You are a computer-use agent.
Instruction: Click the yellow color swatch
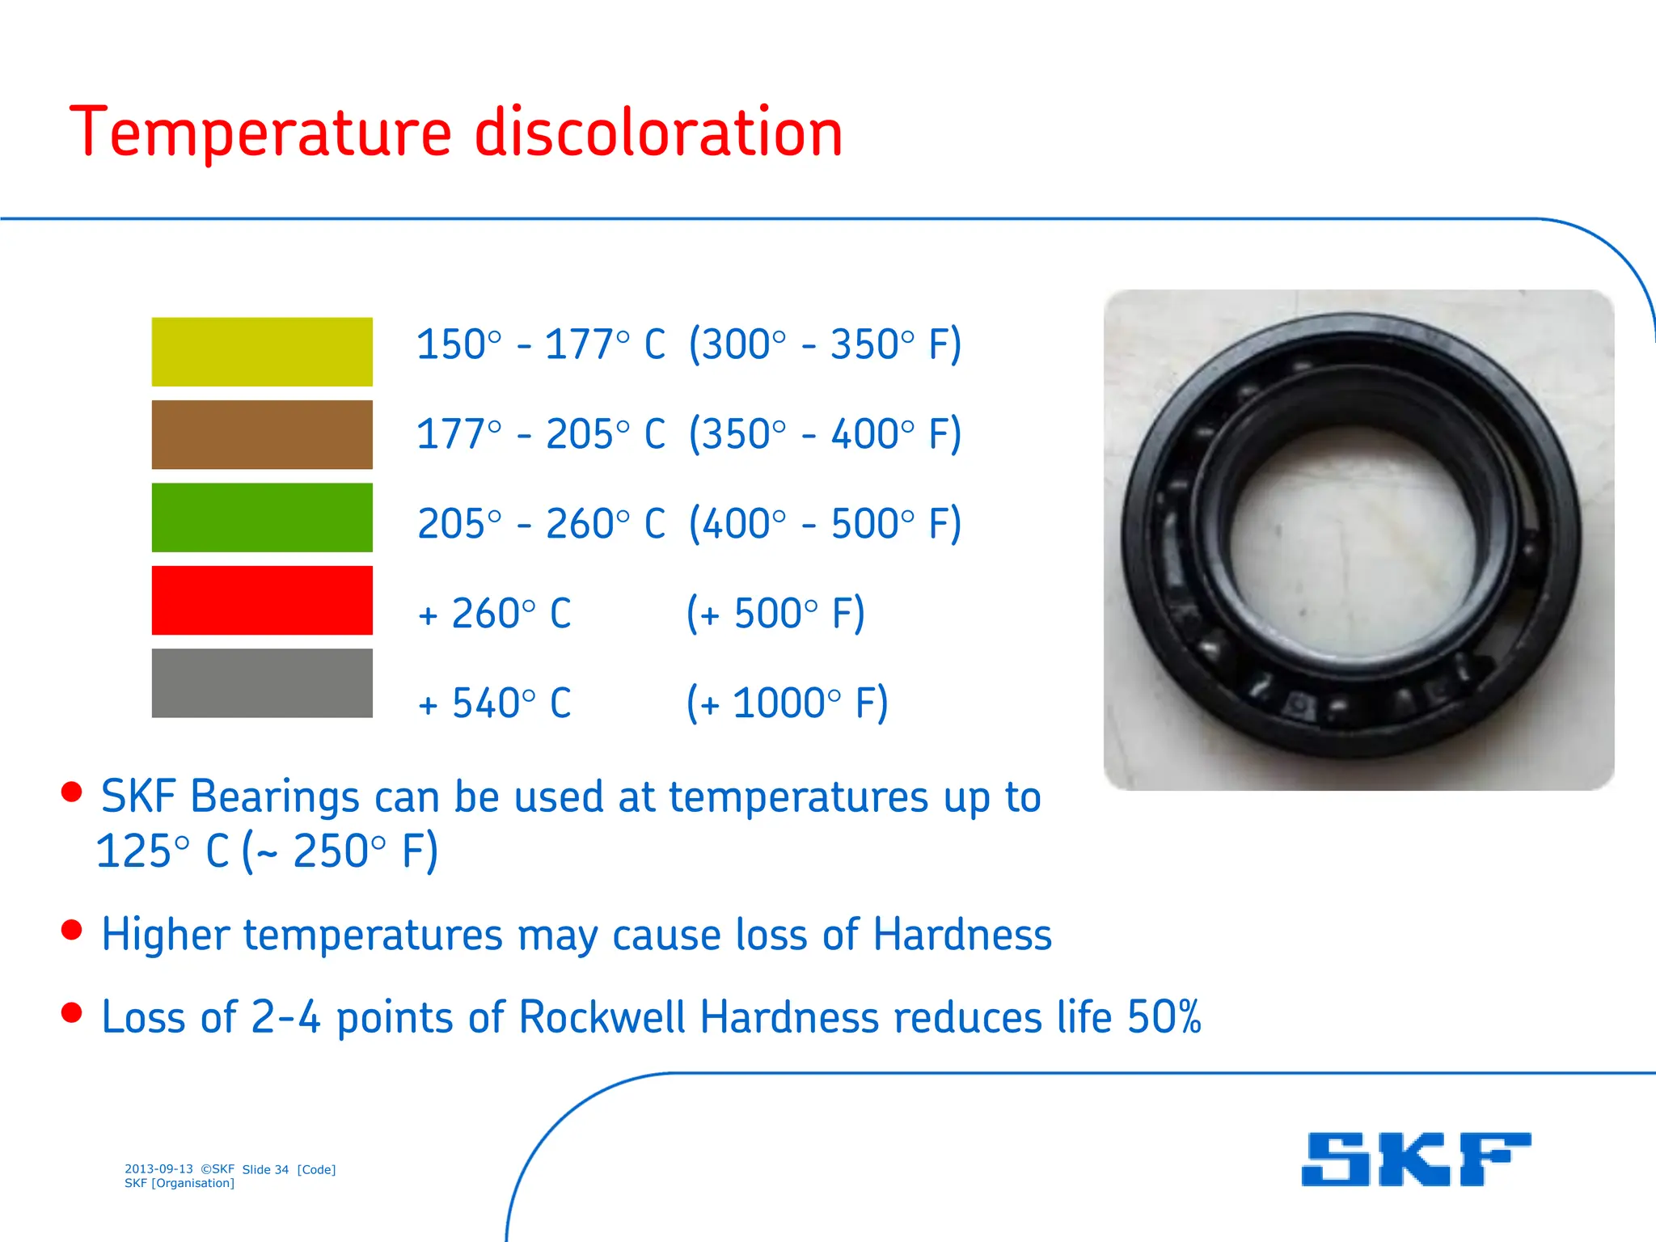click(262, 352)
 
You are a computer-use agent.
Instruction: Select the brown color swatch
click(262, 434)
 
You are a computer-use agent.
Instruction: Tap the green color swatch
click(262, 517)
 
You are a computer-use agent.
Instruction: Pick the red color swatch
click(262, 600)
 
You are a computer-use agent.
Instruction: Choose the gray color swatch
click(262, 683)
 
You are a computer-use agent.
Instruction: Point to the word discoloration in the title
click(658, 133)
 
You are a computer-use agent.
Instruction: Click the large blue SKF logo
click(1416, 1159)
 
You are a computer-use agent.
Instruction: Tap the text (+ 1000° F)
click(787, 703)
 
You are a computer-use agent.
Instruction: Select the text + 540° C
click(495, 703)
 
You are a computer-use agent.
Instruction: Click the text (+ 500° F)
click(775, 613)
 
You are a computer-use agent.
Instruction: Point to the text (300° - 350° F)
click(825, 344)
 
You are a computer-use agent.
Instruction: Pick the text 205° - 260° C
click(541, 524)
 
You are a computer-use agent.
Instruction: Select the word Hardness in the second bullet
click(962, 935)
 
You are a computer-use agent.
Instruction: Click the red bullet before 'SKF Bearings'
click(72, 792)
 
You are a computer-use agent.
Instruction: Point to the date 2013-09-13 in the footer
click(158, 1169)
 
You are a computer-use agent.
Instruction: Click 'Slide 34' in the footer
click(265, 1169)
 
